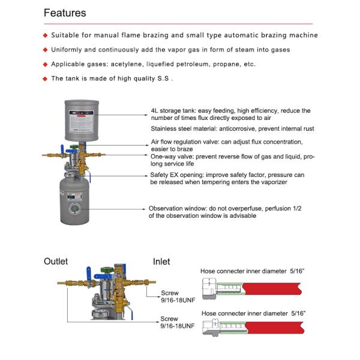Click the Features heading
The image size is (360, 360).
65,13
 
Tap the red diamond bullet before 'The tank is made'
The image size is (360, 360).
45,79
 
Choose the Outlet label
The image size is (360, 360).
56,262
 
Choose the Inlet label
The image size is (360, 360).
161,262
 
